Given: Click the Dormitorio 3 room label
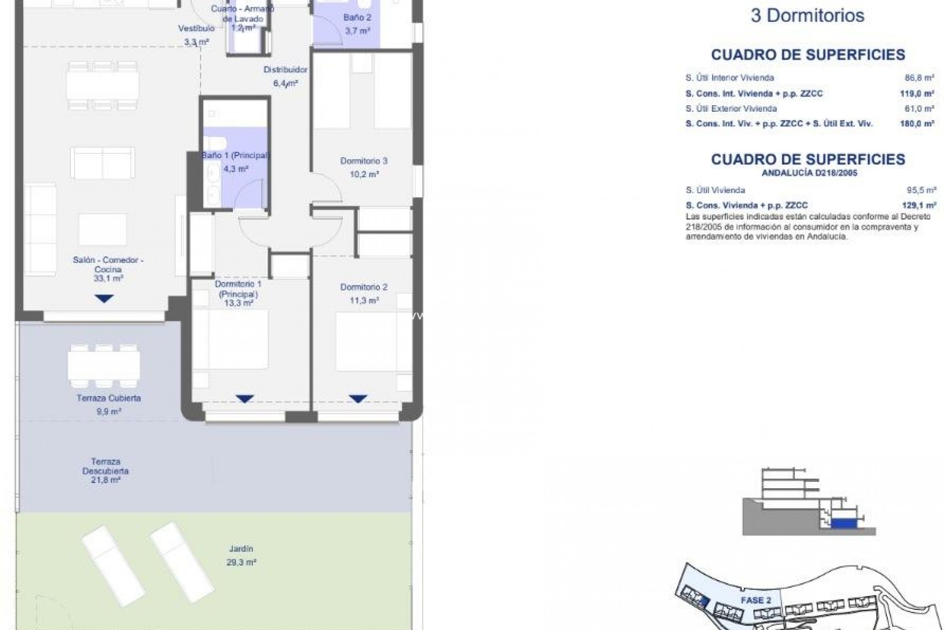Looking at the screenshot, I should [x=364, y=161].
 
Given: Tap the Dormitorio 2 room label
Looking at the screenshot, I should [x=364, y=287].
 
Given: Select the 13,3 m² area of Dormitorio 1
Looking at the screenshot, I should [x=238, y=303].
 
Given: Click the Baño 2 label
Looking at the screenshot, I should [x=357, y=18].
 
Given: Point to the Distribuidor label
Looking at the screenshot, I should [x=285, y=70].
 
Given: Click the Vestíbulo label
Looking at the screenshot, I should [x=196, y=29].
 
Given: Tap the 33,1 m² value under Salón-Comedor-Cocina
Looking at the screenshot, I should [x=108, y=279].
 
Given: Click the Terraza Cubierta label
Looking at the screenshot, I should [x=108, y=398].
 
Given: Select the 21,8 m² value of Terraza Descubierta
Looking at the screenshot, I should [x=106, y=480].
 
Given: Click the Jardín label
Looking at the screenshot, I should [x=241, y=549].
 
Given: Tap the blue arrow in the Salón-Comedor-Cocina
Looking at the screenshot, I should [x=104, y=298].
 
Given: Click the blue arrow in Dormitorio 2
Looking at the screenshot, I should [x=358, y=399].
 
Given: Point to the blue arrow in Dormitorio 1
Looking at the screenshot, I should [x=245, y=399].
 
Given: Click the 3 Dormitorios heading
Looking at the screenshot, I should [x=807, y=16].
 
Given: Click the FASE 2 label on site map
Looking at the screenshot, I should [x=756, y=600].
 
